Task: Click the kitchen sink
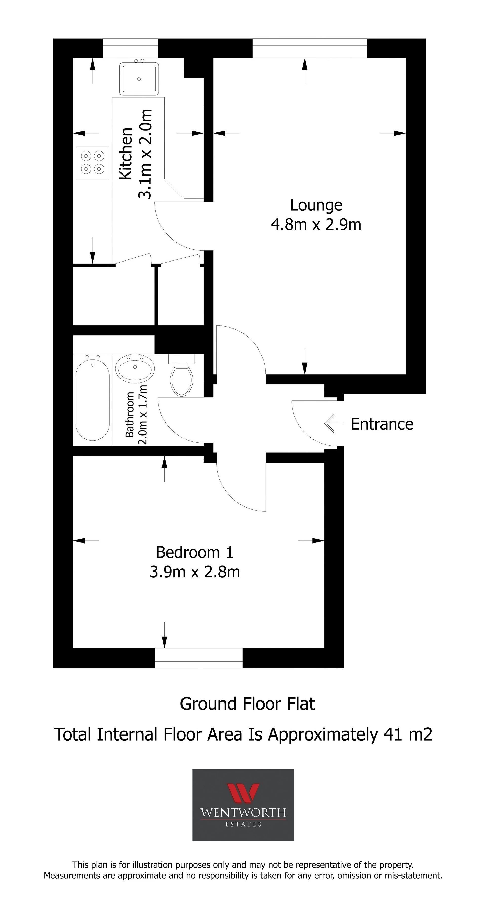pyautogui.click(x=139, y=79)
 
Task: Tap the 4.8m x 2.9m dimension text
pyautogui.click(x=316, y=225)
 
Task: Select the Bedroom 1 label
pyautogui.click(x=195, y=552)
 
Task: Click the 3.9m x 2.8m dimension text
pyautogui.click(x=195, y=572)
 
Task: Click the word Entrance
pyautogui.click(x=382, y=424)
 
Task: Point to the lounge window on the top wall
pyautogui.click(x=309, y=48)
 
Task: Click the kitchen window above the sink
pyautogui.click(x=130, y=48)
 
